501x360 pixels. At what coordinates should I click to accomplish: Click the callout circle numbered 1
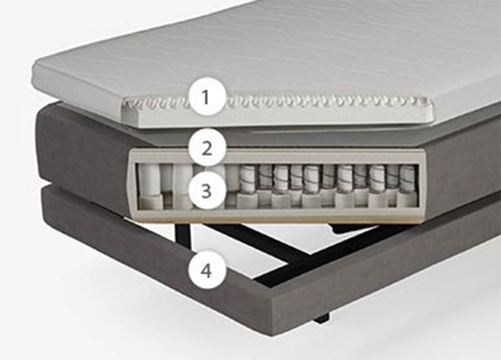pos(207,96)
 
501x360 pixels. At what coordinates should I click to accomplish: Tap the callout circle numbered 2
pos(207,148)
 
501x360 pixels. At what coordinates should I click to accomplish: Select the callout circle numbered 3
pos(207,190)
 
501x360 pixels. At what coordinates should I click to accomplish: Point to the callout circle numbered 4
pos(207,271)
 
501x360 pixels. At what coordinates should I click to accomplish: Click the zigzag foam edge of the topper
pos(278,101)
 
